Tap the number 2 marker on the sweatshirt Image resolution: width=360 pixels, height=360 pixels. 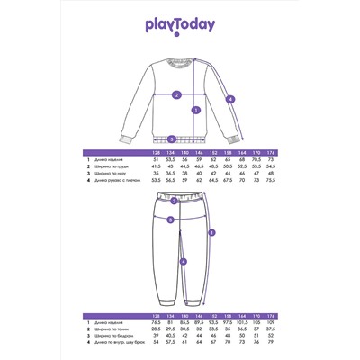pyautogui.click(x=176, y=94)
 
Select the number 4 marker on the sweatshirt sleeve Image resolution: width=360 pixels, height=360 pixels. pyautogui.click(x=229, y=99)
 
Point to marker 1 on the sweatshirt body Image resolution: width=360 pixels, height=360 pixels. pyautogui.click(x=195, y=111)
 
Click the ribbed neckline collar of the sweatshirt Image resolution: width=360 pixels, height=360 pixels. pyautogui.click(x=179, y=61)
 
